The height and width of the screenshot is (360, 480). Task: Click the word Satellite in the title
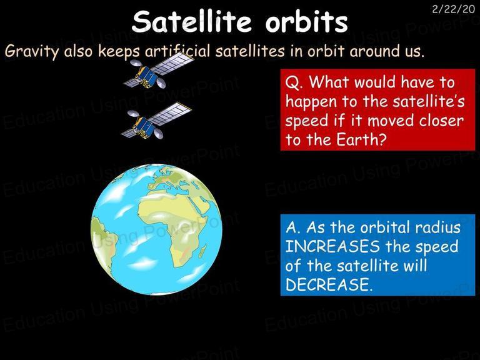192,21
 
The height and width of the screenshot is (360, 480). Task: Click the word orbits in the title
306,22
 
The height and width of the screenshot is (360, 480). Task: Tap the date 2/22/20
453,9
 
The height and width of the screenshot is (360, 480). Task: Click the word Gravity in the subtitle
31,51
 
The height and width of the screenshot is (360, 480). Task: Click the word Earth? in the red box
360,139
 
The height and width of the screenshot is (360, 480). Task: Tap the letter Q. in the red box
294,82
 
